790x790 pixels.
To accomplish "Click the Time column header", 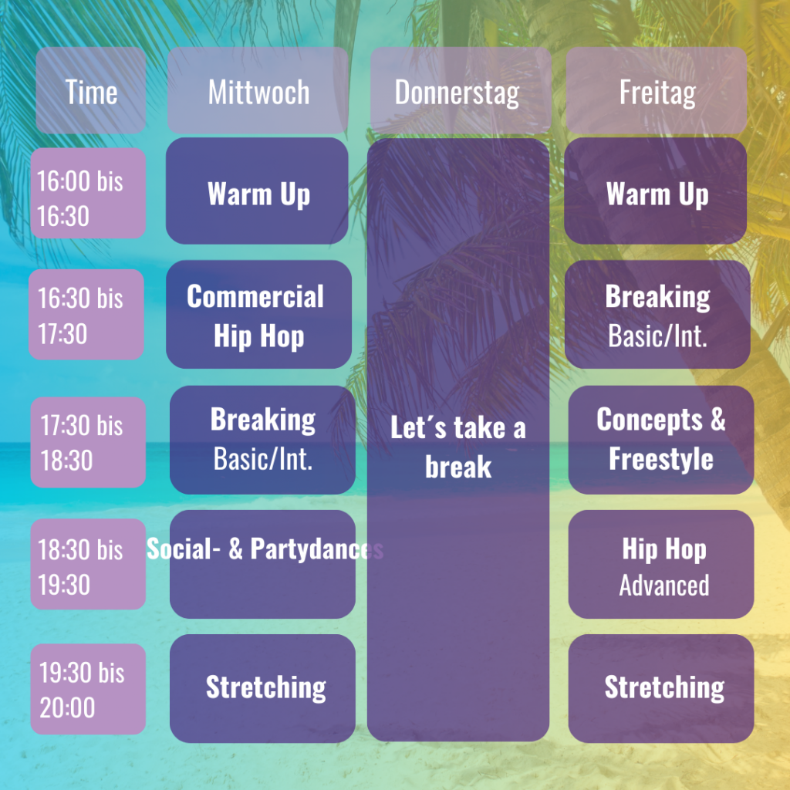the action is coord(91,91).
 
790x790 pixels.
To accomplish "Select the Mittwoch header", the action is coord(258,91).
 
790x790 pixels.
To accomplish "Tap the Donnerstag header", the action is coord(461,91).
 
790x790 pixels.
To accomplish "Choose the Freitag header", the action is coord(656,91).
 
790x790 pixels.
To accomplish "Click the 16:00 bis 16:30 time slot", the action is coord(88,193).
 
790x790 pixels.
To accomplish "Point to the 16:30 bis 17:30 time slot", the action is coord(86,315).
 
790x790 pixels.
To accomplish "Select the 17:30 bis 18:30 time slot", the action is coord(88,442).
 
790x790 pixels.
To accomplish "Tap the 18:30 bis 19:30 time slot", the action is coord(88,564).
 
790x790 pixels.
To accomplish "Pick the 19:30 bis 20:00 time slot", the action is coord(88,689).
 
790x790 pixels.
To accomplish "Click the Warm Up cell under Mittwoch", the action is coord(257,191).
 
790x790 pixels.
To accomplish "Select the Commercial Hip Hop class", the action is coord(259,315).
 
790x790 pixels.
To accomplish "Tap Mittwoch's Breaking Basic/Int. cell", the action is coord(262,440).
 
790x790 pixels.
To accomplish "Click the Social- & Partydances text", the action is coord(265,549).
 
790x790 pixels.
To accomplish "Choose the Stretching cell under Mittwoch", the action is coord(262,688).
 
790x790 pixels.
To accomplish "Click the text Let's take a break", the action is coord(458,447).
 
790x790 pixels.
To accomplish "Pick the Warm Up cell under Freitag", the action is coord(656,191).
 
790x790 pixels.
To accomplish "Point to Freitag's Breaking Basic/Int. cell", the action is coord(657,315).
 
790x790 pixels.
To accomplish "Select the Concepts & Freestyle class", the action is coord(661,440).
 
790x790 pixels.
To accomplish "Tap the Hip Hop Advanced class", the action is coord(661,564).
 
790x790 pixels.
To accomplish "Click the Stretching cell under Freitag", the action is coord(661,688).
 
